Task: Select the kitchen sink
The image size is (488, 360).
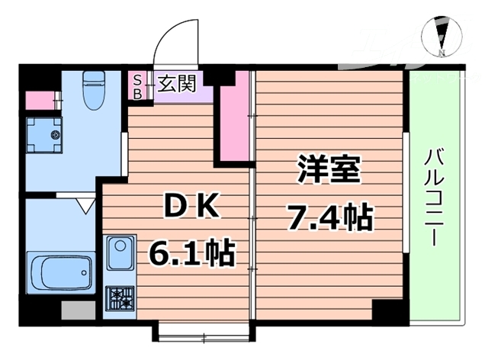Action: [120, 254]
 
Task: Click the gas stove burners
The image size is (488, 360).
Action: [120, 297]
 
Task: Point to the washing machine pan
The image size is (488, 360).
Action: [47, 134]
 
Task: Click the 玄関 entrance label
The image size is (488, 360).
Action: [175, 83]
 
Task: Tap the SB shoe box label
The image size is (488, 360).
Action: [137, 85]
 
